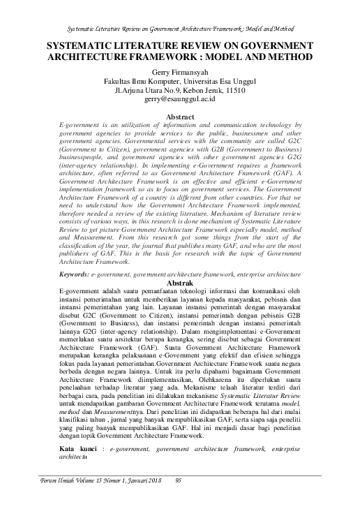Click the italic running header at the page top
point(180,29)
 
